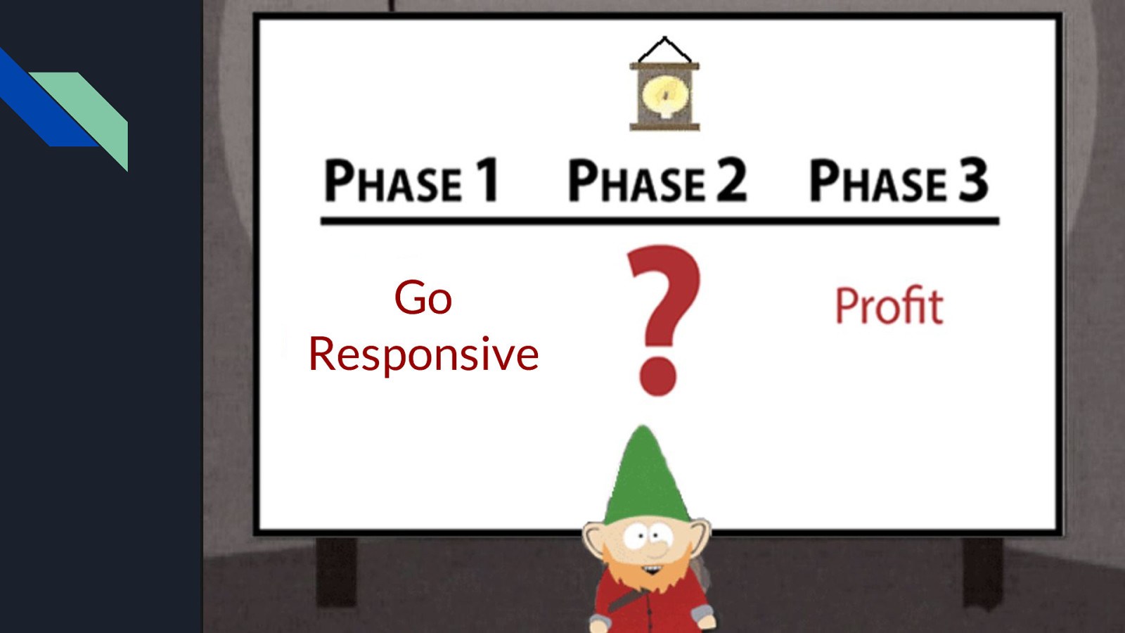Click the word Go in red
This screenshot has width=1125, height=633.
coord(423,298)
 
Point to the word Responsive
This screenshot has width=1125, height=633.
coord(423,354)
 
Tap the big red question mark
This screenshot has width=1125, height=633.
coord(662,320)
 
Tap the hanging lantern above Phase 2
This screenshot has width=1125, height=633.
coord(664,84)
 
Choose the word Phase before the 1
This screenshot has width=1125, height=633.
coord(393,181)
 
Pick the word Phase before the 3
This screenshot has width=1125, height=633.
coord(878,181)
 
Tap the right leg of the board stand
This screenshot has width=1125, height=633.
coord(982,573)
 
